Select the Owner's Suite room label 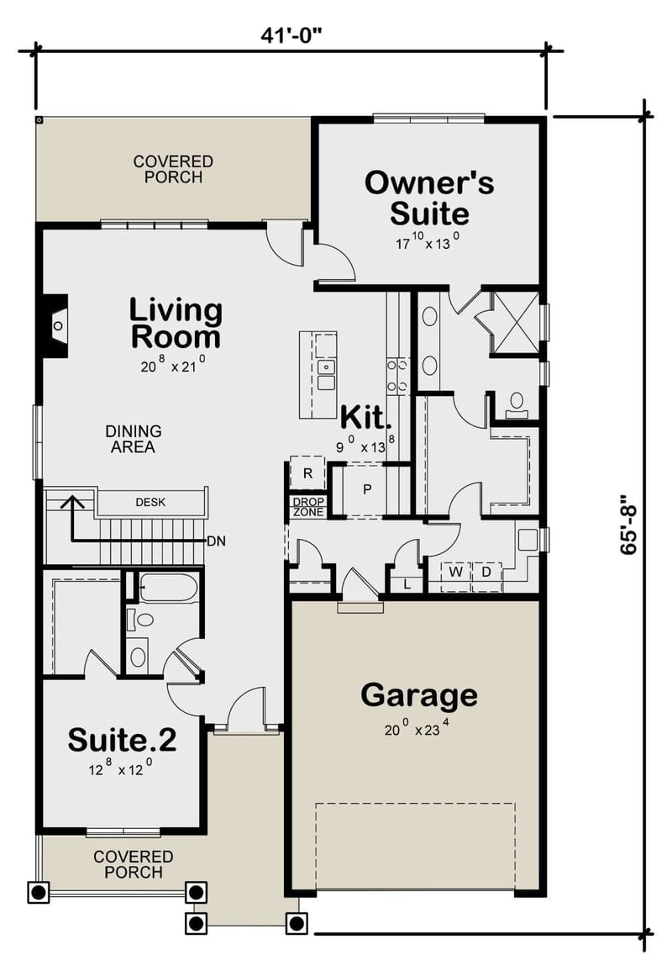coord(428,198)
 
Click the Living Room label coord(176,324)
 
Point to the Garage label coord(418,695)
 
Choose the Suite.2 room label coord(122,740)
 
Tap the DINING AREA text coord(134,439)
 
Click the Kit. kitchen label coord(365,416)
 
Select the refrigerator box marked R coord(307,473)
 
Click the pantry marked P coord(367,488)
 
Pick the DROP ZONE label coord(307,507)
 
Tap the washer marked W coord(456,572)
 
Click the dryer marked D coord(486,572)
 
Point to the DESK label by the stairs coord(150,503)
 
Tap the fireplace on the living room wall coord(55,325)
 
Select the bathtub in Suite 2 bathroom coord(168,586)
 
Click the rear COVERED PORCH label coord(173,168)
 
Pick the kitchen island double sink coord(326,375)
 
